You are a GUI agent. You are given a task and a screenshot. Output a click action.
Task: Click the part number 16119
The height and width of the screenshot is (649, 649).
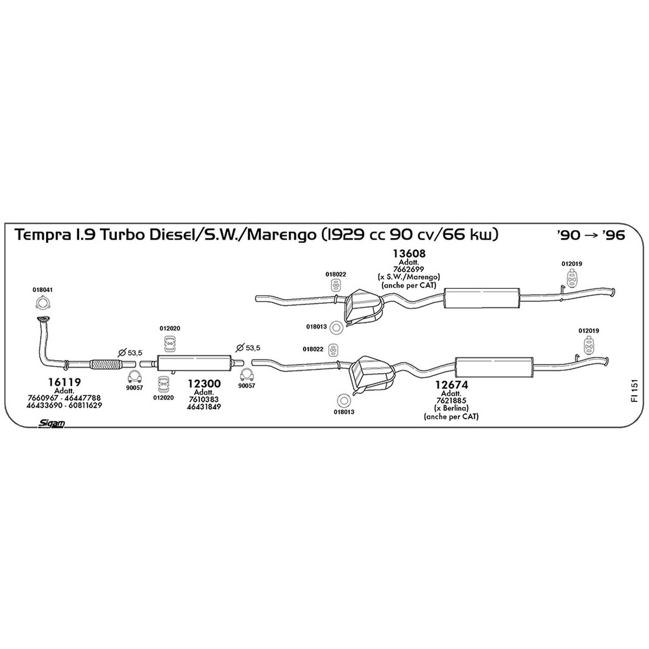pos(64,382)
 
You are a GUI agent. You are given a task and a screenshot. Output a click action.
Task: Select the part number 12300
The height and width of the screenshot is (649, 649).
pos(204,383)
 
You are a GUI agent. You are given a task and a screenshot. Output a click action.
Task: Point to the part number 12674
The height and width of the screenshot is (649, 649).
pos(452,385)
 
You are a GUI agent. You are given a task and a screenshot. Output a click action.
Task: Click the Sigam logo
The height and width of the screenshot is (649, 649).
pos(51,423)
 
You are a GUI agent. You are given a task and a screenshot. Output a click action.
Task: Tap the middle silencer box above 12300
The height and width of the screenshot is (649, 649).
pos(194,363)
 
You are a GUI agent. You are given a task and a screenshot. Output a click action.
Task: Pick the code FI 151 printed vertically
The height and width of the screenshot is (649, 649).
pos(635,391)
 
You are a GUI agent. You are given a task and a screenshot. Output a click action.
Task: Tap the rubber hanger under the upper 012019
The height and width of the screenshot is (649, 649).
pos(572,279)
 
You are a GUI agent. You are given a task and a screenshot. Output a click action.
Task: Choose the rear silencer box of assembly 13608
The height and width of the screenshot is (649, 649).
pos(482,299)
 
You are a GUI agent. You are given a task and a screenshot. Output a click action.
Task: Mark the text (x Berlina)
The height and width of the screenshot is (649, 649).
pos(451,408)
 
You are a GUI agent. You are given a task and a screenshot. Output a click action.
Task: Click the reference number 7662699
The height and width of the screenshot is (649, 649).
pos(408,269)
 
